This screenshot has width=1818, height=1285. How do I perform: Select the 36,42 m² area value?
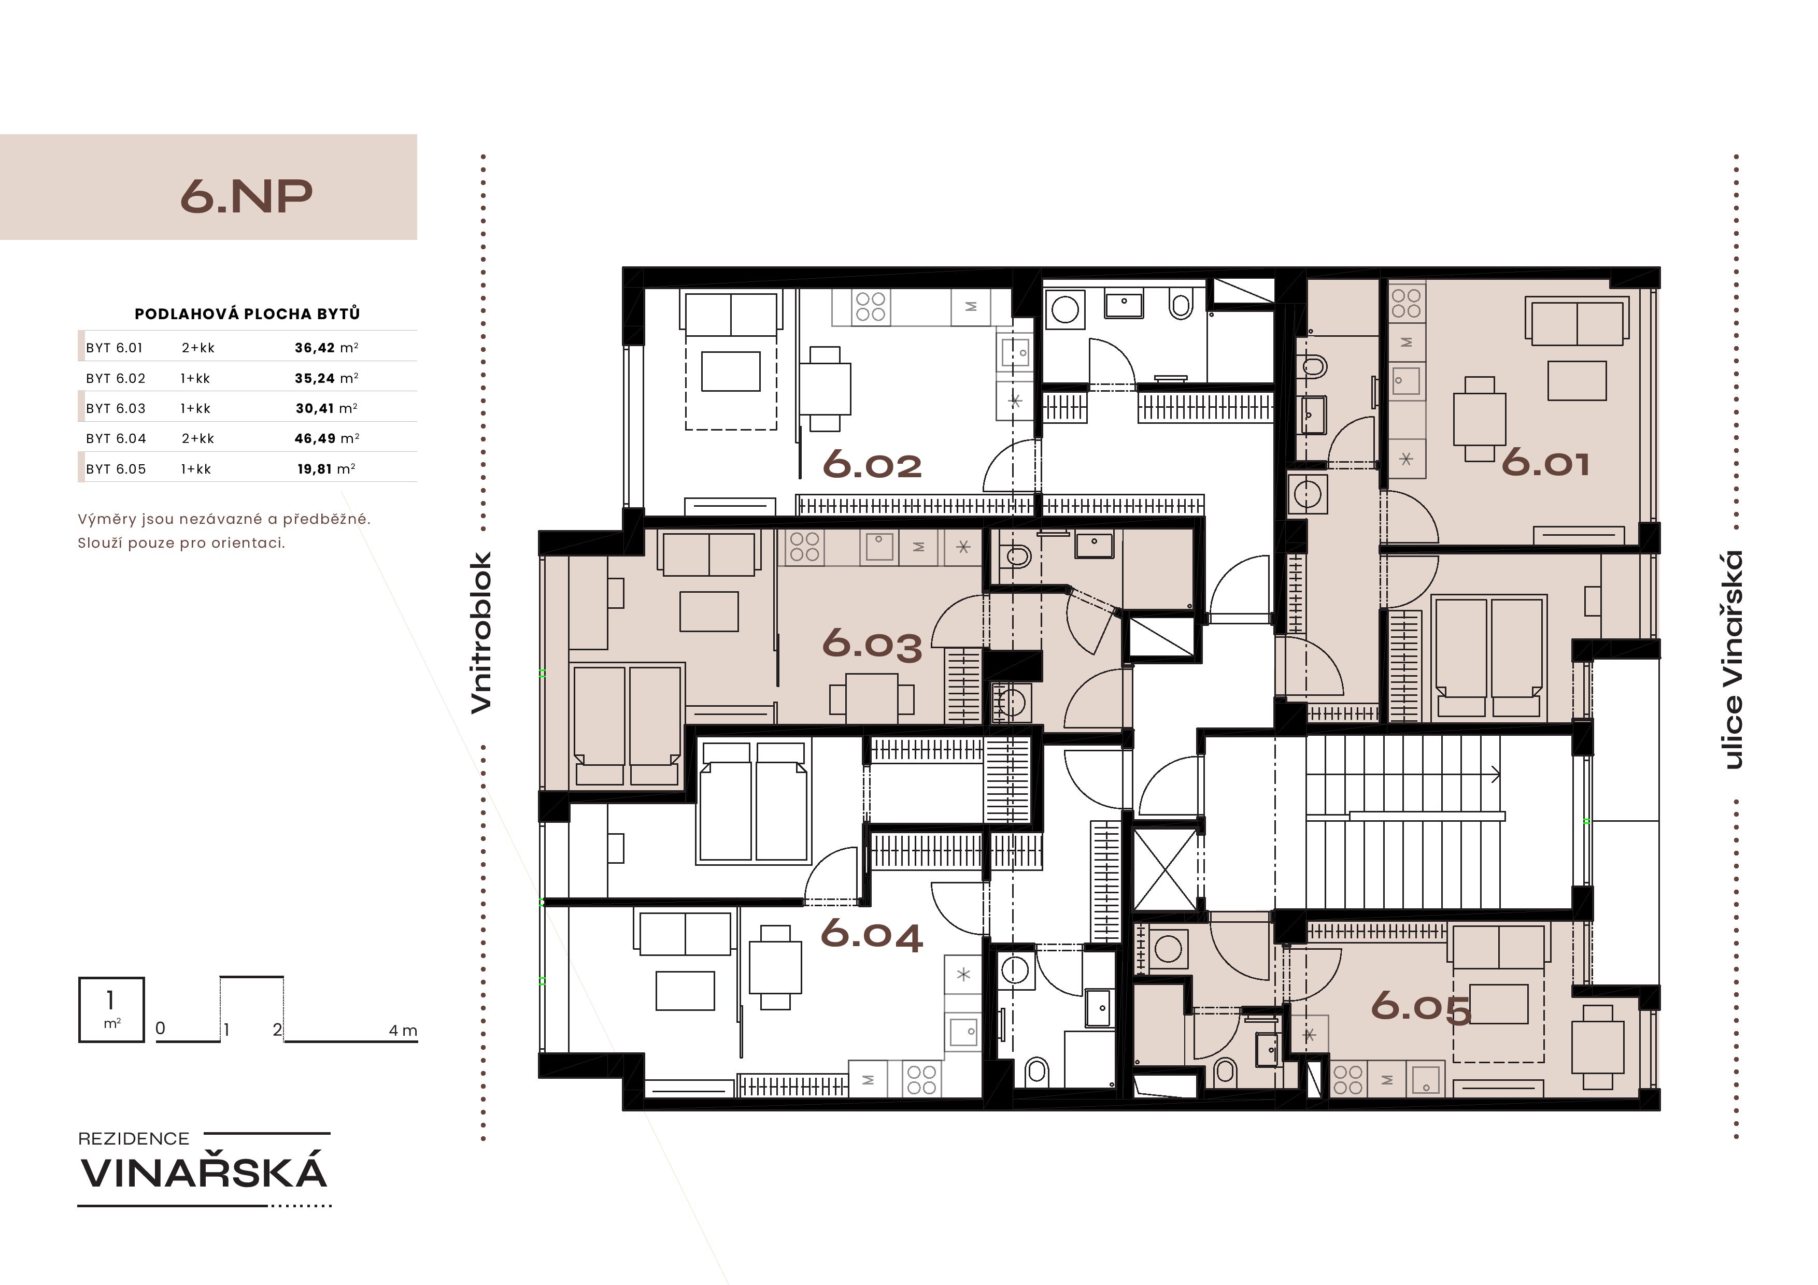[x=326, y=348]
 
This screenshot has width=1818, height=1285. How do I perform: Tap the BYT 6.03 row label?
[x=116, y=408]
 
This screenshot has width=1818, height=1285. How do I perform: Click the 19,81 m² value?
[x=326, y=469]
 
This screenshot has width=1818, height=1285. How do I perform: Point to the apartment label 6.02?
[x=873, y=465]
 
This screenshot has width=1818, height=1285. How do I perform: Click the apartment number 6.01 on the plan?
[x=1545, y=463]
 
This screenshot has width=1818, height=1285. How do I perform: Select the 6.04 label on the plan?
[x=872, y=934]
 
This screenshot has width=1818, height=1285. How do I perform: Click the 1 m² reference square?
[x=111, y=1009]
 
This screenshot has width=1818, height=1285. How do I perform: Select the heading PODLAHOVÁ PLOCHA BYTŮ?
[x=247, y=313]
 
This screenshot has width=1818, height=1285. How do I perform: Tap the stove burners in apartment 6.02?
[x=870, y=306]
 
